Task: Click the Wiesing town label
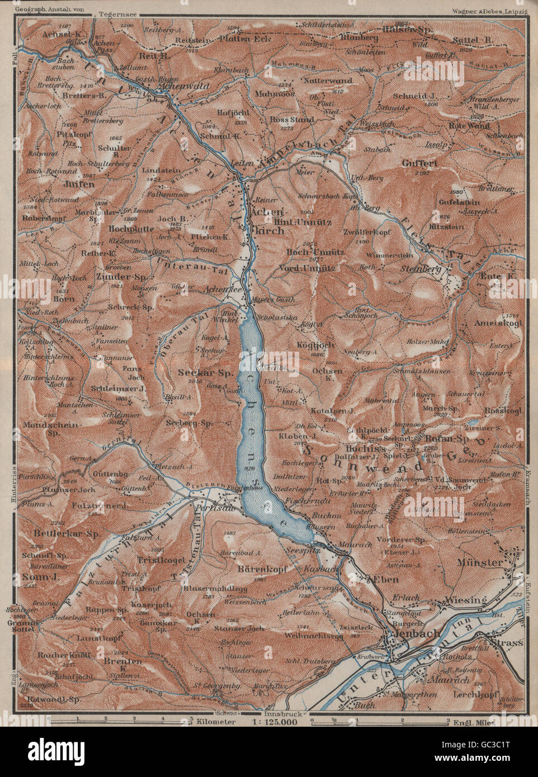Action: coord(463,600)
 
